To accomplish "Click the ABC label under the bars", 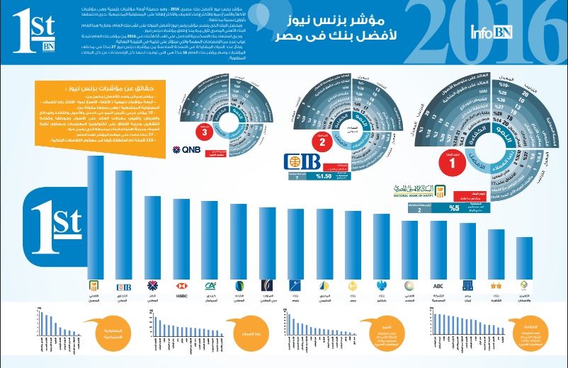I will tap(438, 285).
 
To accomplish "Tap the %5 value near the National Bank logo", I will tap(453, 208).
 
